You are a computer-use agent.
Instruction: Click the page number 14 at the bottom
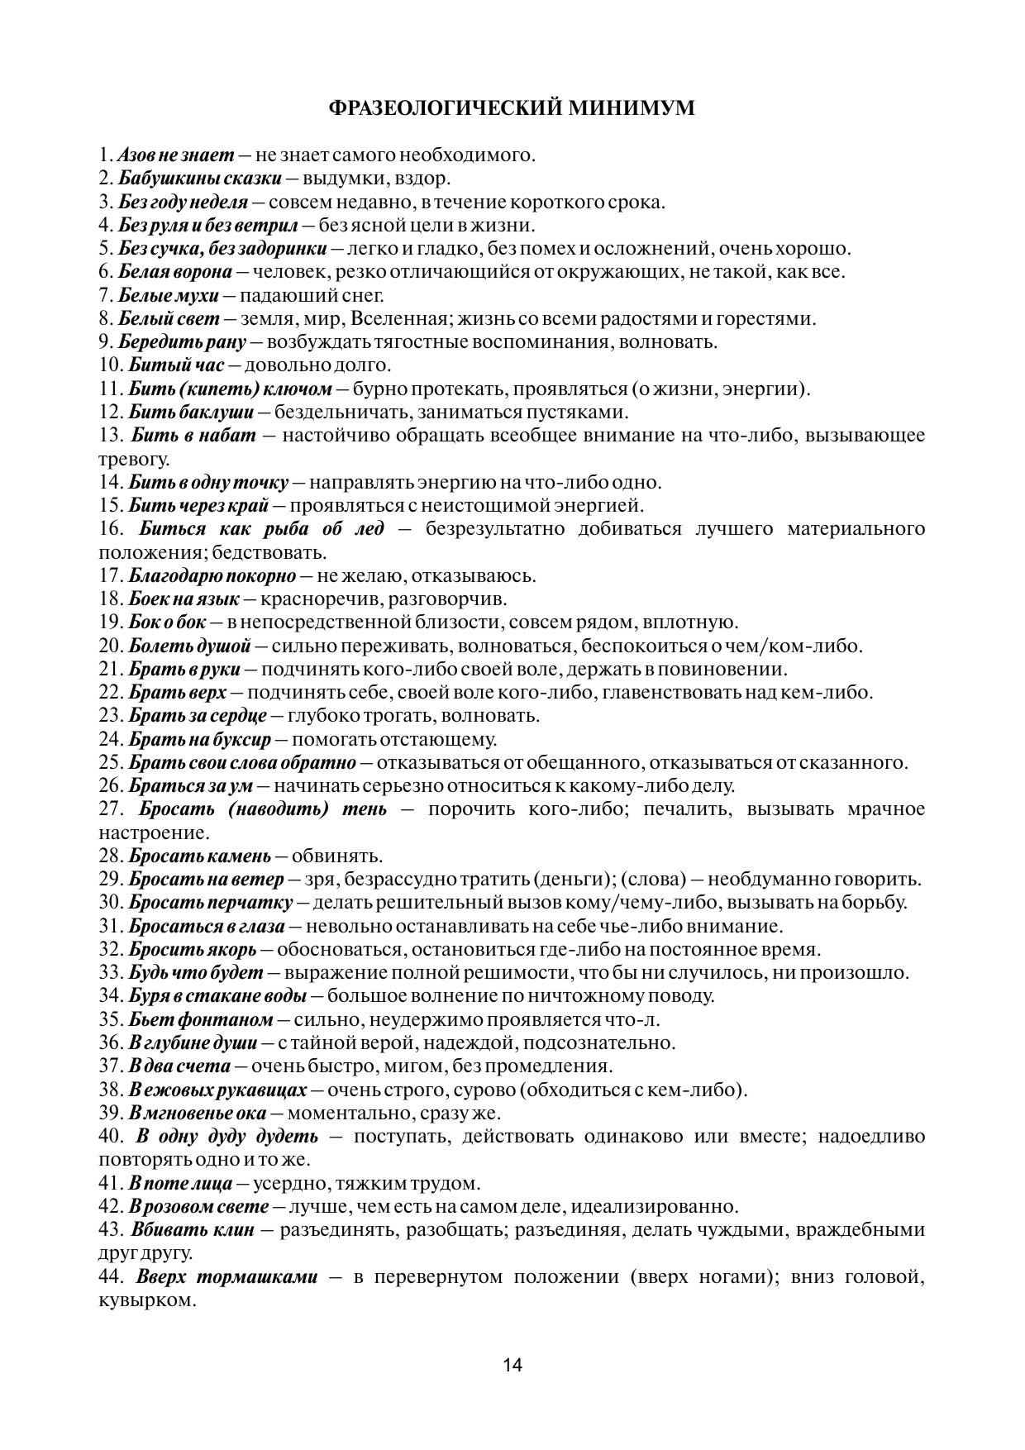512,1364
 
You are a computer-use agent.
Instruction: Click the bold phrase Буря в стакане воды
218,996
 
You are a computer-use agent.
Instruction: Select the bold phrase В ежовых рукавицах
217,1090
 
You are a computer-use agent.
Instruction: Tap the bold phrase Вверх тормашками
227,1277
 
